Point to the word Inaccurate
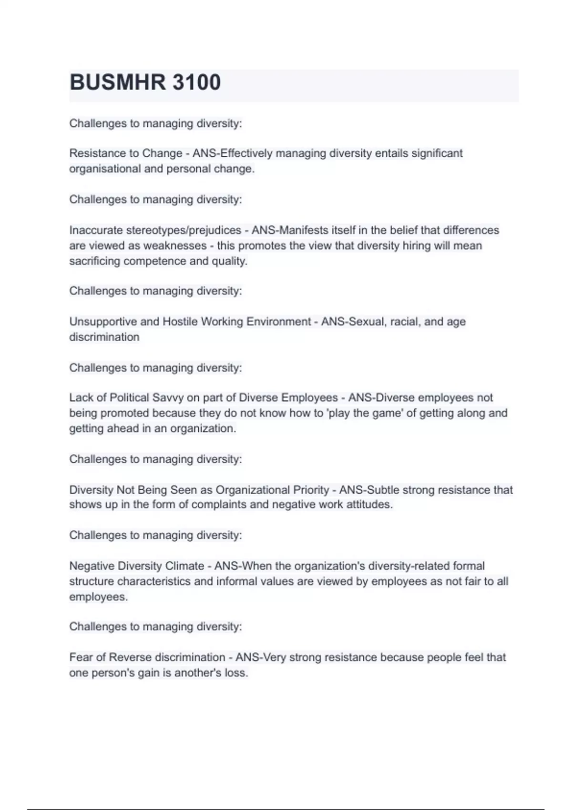pos(96,230)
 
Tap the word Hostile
pos(180,322)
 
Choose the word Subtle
pos(384,490)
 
